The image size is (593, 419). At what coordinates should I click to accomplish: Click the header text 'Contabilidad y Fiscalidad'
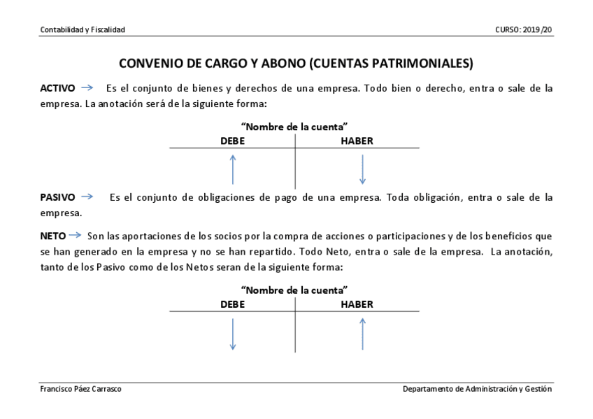(x=83, y=29)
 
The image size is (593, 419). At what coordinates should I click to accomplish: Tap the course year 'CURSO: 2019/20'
(x=523, y=29)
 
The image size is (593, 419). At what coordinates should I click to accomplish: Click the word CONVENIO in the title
(x=149, y=64)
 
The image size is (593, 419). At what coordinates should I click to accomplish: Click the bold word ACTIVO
(x=57, y=89)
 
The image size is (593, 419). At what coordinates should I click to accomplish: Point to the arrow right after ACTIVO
(x=87, y=88)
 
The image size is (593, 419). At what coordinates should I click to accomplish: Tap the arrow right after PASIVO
(x=87, y=197)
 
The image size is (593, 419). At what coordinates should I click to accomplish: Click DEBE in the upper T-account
(x=233, y=141)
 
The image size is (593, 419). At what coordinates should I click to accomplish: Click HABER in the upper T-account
(x=357, y=141)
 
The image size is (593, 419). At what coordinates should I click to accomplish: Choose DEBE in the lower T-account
(x=233, y=304)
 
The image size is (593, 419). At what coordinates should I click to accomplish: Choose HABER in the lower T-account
(x=357, y=304)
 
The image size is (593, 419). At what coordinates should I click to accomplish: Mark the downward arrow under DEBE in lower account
(x=233, y=334)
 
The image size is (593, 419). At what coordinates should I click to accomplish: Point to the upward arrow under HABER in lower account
(x=362, y=334)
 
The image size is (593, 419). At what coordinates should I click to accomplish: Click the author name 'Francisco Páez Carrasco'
(x=80, y=389)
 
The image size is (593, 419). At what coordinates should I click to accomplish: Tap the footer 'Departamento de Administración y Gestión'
(x=477, y=389)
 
